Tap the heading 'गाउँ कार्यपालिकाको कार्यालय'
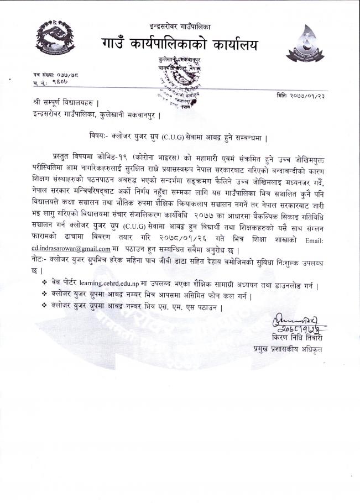(180, 42)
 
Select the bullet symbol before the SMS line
(44, 306)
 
